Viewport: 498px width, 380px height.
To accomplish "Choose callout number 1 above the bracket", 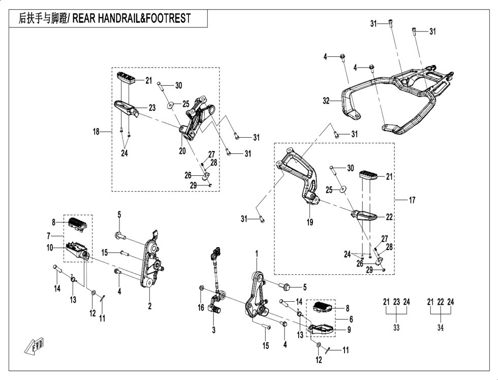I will coord(257,253).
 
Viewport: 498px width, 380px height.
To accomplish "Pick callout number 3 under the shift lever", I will coord(214,330).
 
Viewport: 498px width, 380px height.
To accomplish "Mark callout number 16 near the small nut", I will coord(201,307).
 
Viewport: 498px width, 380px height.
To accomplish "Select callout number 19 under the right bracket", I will coord(310,222).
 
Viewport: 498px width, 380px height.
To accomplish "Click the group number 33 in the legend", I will coord(396,328).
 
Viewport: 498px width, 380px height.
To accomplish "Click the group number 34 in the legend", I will coord(440,328).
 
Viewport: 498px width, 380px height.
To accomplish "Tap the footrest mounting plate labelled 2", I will coord(150,259).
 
